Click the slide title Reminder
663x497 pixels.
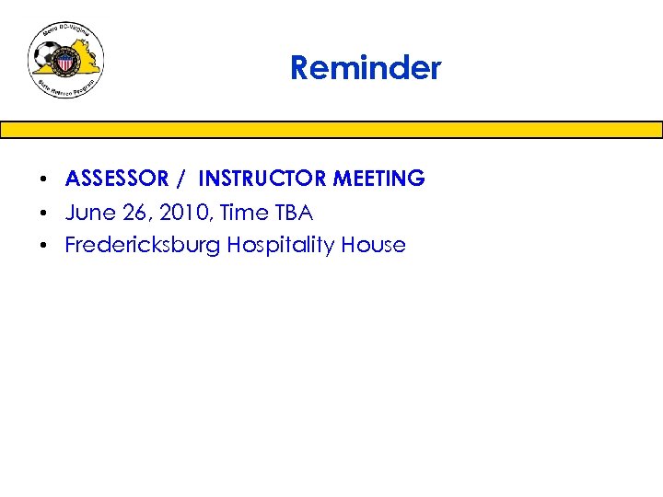366,68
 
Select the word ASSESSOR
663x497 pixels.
117,179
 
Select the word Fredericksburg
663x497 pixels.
143,246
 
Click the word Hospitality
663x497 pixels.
281,246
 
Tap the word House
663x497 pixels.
373,246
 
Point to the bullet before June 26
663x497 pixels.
43,214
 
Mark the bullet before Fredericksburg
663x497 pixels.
43,246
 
